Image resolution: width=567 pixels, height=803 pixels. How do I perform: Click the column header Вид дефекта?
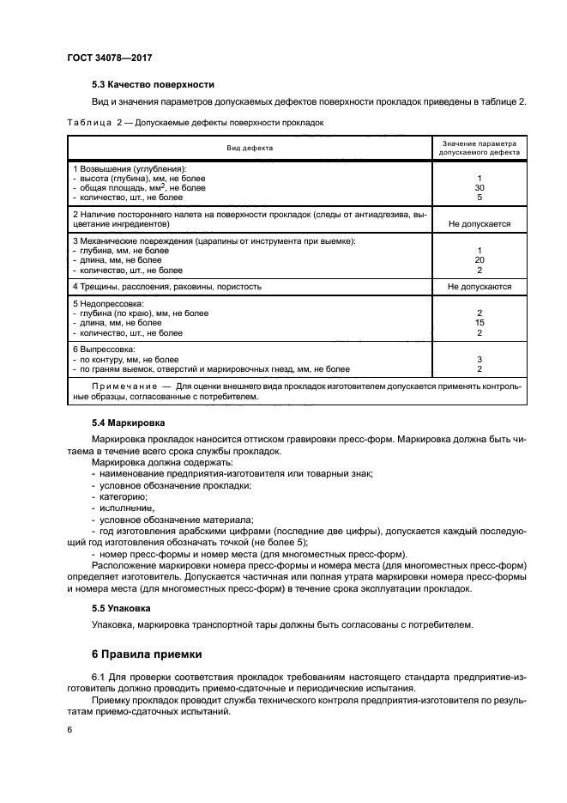click(250, 148)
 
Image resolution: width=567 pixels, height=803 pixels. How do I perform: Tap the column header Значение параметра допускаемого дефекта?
click(480, 148)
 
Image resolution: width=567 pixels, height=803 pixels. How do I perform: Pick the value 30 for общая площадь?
click(480, 187)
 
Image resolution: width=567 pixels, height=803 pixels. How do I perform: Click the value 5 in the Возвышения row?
click(480, 197)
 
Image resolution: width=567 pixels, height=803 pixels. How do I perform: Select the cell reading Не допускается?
click(480, 223)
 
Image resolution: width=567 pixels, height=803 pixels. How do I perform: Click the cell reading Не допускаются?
click(480, 286)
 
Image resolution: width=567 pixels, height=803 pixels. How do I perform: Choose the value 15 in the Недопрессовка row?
click(480, 323)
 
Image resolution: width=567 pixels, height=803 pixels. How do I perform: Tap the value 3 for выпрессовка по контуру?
click(480, 359)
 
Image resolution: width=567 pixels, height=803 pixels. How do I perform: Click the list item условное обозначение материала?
click(165, 520)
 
